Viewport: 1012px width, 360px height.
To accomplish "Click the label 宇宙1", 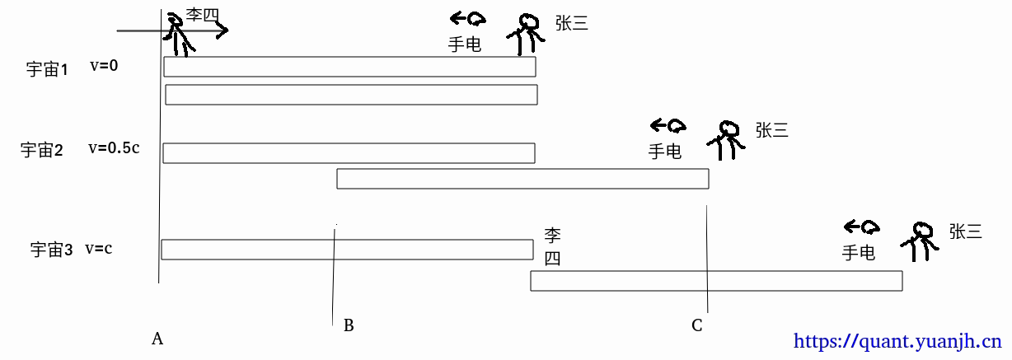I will (47, 69).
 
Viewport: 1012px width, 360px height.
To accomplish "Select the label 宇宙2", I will (42, 150).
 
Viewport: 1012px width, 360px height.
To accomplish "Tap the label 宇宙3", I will (52, 250).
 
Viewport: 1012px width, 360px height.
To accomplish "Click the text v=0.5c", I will (114, 148).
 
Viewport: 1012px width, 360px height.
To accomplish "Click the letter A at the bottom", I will (157, 338).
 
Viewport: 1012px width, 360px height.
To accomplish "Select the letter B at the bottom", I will (349, 325).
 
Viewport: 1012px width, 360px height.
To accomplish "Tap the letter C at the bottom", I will (697, 325).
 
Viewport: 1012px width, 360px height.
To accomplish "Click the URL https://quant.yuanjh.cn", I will (897, 340).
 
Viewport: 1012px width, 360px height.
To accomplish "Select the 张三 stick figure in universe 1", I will (526, 34).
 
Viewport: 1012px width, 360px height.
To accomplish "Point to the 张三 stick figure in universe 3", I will (920, 243).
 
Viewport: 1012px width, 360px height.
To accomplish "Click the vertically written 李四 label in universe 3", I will (552, 246).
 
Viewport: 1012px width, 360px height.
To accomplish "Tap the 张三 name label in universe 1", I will (571, 24).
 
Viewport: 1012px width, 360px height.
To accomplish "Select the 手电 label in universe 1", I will (464, 44).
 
